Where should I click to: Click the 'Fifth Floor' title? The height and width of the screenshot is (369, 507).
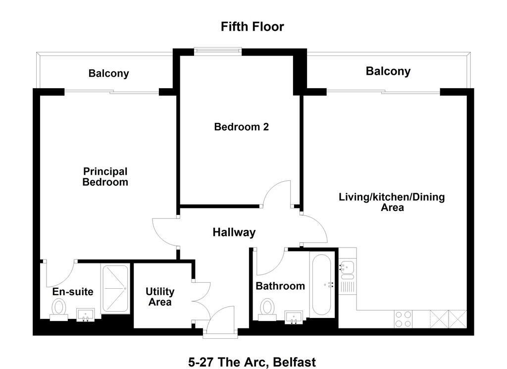pyautogui.click(x=252, y=27)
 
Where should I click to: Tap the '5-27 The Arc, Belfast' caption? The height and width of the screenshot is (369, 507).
pyautogui.click(x=252, y=362)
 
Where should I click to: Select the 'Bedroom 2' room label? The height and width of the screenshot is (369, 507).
pyautogui.click(x=241, y=127)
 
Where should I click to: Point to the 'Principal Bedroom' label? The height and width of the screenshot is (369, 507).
pyautogui.click(x=105, y=177)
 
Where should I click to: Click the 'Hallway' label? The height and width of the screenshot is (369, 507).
pyautogui.click(x=234, y=232)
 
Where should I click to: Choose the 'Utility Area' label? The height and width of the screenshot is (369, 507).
pyautogui.click(x=160, y=297)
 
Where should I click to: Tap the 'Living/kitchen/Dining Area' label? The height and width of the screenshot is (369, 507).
pyautogui.click(x=392, y=202)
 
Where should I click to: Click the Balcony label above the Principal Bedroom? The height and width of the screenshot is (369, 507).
pyautogui.click(x=108, y=73)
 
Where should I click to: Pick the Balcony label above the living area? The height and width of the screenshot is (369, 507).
pyautogui.click(x=388, y=71)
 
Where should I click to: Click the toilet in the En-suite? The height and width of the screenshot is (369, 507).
pyautogui.click(x=59, y=309)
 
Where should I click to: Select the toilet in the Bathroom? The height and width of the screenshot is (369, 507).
pyautogui.click(x=267, y=309)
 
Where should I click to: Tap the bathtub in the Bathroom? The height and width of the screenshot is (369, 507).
pyautogui.click(x=321, y=285)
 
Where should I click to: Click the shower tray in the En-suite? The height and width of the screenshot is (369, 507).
pyautogui.click(x=115, y=288)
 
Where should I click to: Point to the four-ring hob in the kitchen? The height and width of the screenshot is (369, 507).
pyautogui.click(x=403, y=319)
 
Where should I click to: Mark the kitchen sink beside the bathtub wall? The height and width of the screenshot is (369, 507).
pyautogui.click(x=348, y=270)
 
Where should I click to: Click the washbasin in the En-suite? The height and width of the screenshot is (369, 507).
pyautogui.click(x=86, y=315)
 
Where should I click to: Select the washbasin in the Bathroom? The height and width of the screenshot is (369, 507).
pyautogui.click(x=294, y=317)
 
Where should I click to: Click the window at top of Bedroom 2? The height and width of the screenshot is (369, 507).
pyautogui.click(x=218, y=51)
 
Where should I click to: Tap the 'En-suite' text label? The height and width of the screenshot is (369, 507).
pyautogui.click(x=73, y=292)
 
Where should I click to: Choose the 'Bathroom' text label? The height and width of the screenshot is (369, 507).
pyautogui.click(x=280, y=286)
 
